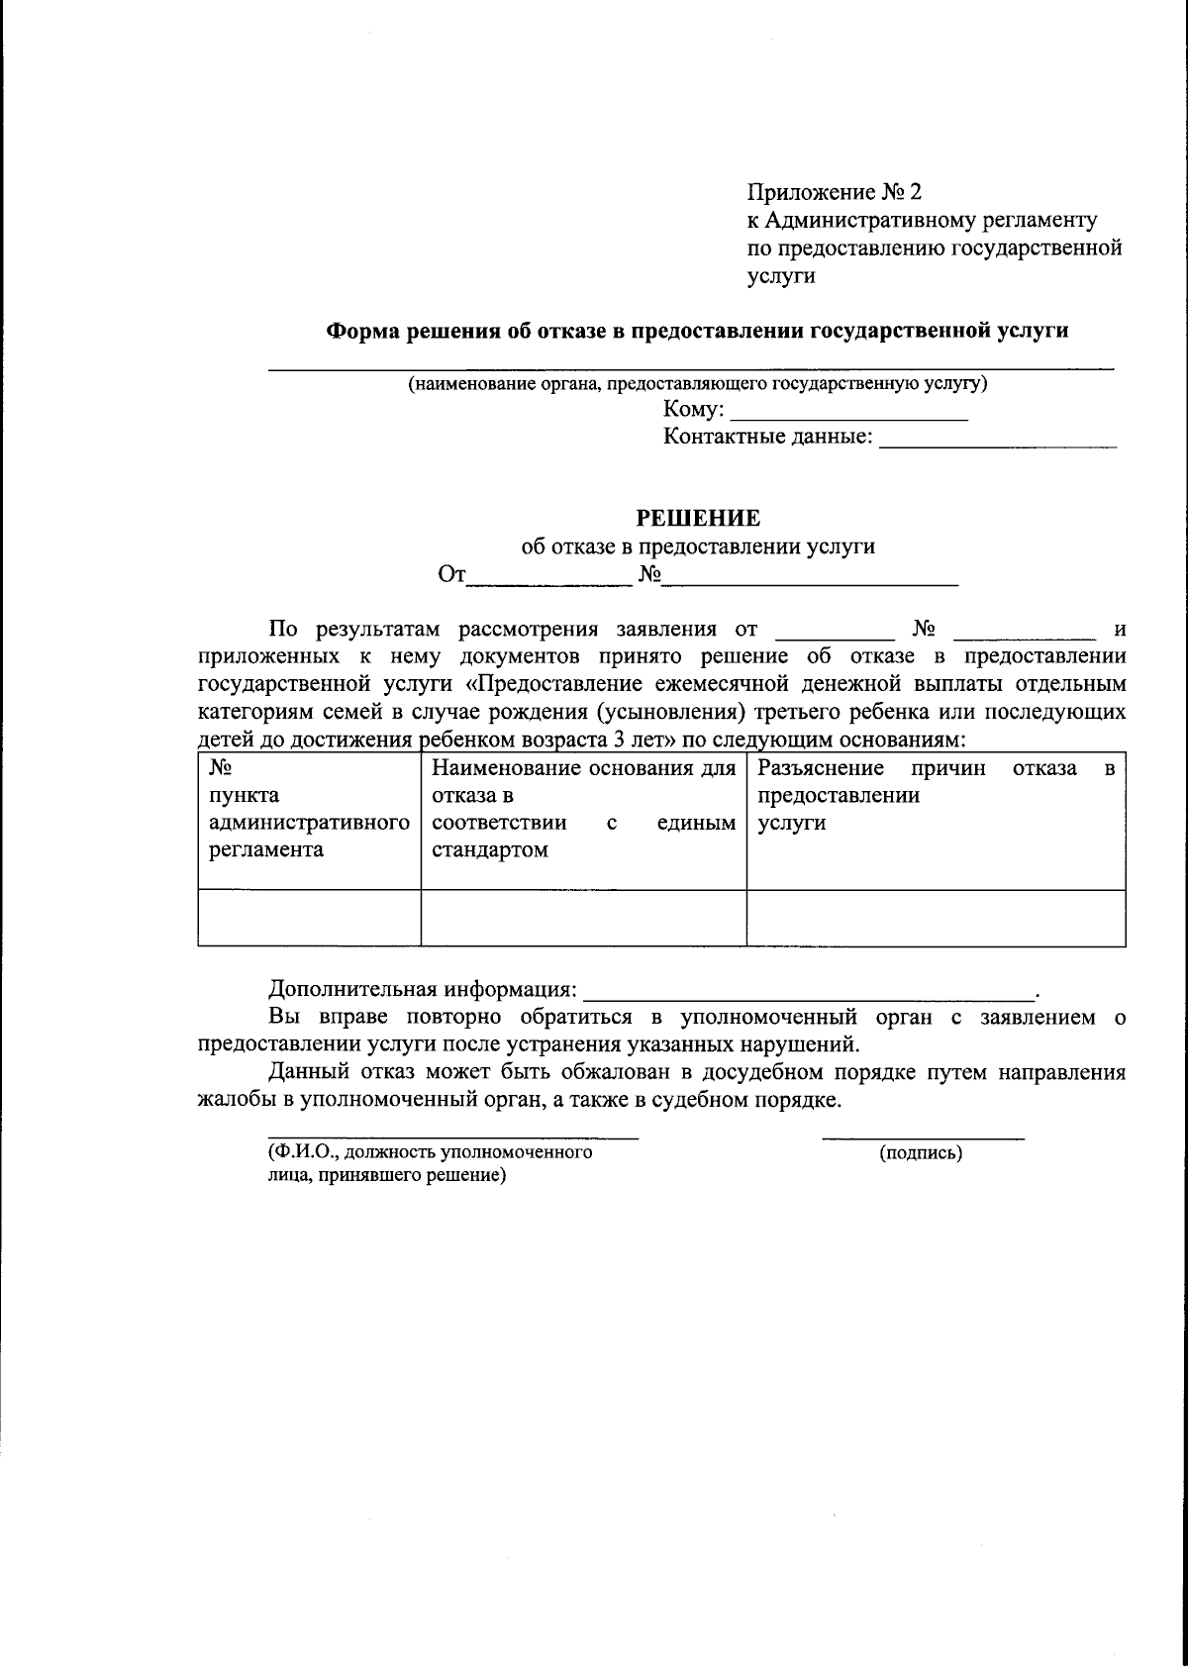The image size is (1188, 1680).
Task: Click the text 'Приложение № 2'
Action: pos(834,191)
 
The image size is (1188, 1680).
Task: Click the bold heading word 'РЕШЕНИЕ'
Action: pos(698,518)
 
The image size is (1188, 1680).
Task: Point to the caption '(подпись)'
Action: pos(921,1152)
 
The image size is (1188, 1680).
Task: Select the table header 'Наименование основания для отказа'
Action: pos(583,769)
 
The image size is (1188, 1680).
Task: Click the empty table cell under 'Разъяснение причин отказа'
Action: pos(935,918)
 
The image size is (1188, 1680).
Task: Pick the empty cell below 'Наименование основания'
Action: pos(583,918)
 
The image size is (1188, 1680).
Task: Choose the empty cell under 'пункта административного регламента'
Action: pos(309,918)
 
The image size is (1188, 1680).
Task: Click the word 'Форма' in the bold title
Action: pos(361,332)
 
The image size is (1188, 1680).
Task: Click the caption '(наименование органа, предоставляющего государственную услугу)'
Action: pos(698,384)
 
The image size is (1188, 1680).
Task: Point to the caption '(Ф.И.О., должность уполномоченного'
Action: pos(430,1152)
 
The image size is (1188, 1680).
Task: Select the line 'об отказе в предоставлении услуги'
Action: pos(698,545)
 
